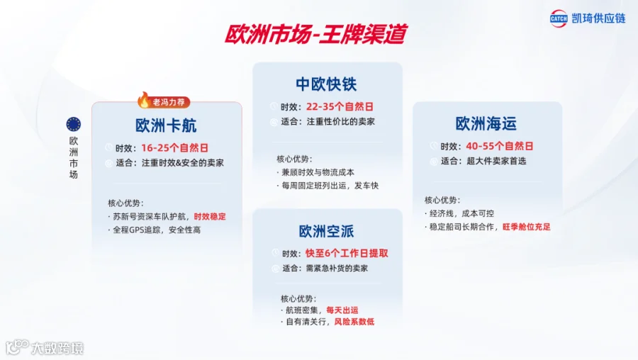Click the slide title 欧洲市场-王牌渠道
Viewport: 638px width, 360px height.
pos(315,34)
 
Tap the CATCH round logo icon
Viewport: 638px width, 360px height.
pos(559,18)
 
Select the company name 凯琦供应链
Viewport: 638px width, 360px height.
pos(598,18)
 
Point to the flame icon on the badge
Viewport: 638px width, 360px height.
pos(144,100)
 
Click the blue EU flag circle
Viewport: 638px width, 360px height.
pos(74,124)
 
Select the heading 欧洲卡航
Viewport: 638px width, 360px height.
pos(166,125)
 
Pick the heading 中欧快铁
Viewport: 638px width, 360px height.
pos(326,84)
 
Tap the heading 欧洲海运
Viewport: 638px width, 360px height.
pos(486,123)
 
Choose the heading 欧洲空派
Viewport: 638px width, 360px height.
pos(326,231)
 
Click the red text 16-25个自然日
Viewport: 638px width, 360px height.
pos(175,147)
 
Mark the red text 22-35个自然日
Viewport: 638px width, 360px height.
pos(340,106)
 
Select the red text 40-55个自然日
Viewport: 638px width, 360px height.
pos(500,146)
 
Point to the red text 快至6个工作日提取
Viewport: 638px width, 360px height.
pos(347,253)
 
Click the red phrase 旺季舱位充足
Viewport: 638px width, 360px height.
pos(527,227)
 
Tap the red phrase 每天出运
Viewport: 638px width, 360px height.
pos(342,310)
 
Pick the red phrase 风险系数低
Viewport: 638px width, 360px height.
pos(354,322)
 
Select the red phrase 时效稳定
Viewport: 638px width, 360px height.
pos(210,216)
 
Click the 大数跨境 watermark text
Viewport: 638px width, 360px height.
pos(57,348)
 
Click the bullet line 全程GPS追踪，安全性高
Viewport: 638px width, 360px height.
pos(155,230)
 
